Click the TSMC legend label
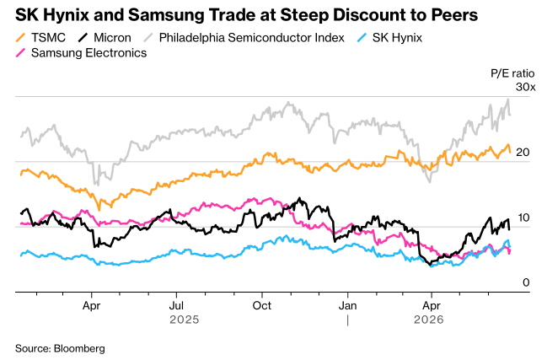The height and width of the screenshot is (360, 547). pos(48,38)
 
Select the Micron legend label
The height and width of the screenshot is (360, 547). pos(112,38)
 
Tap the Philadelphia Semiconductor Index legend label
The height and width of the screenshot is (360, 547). pos(251,38)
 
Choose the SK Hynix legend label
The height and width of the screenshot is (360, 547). pos(397,38)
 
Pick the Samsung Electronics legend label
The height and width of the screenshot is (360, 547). pos(89,53)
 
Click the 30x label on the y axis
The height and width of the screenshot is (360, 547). pos(525,87)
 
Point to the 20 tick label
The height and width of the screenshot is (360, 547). pos(523,152)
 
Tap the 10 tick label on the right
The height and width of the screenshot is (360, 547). pos(523,218)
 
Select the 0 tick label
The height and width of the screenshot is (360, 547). pos(526,282)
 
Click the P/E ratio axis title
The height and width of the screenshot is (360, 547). pos(512,73)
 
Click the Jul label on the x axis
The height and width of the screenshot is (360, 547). pos(176,305)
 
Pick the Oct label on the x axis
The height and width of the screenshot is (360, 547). pos(261,305)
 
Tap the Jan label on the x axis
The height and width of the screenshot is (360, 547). pos(347,305)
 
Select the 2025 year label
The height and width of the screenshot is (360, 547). pos(185,320)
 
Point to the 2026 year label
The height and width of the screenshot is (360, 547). pos(429,320)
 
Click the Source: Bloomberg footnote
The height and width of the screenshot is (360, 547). pos(60,348)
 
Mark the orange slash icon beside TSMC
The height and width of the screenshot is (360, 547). pos(20,38)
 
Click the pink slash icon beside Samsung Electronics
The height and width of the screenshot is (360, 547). pos(20,53)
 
